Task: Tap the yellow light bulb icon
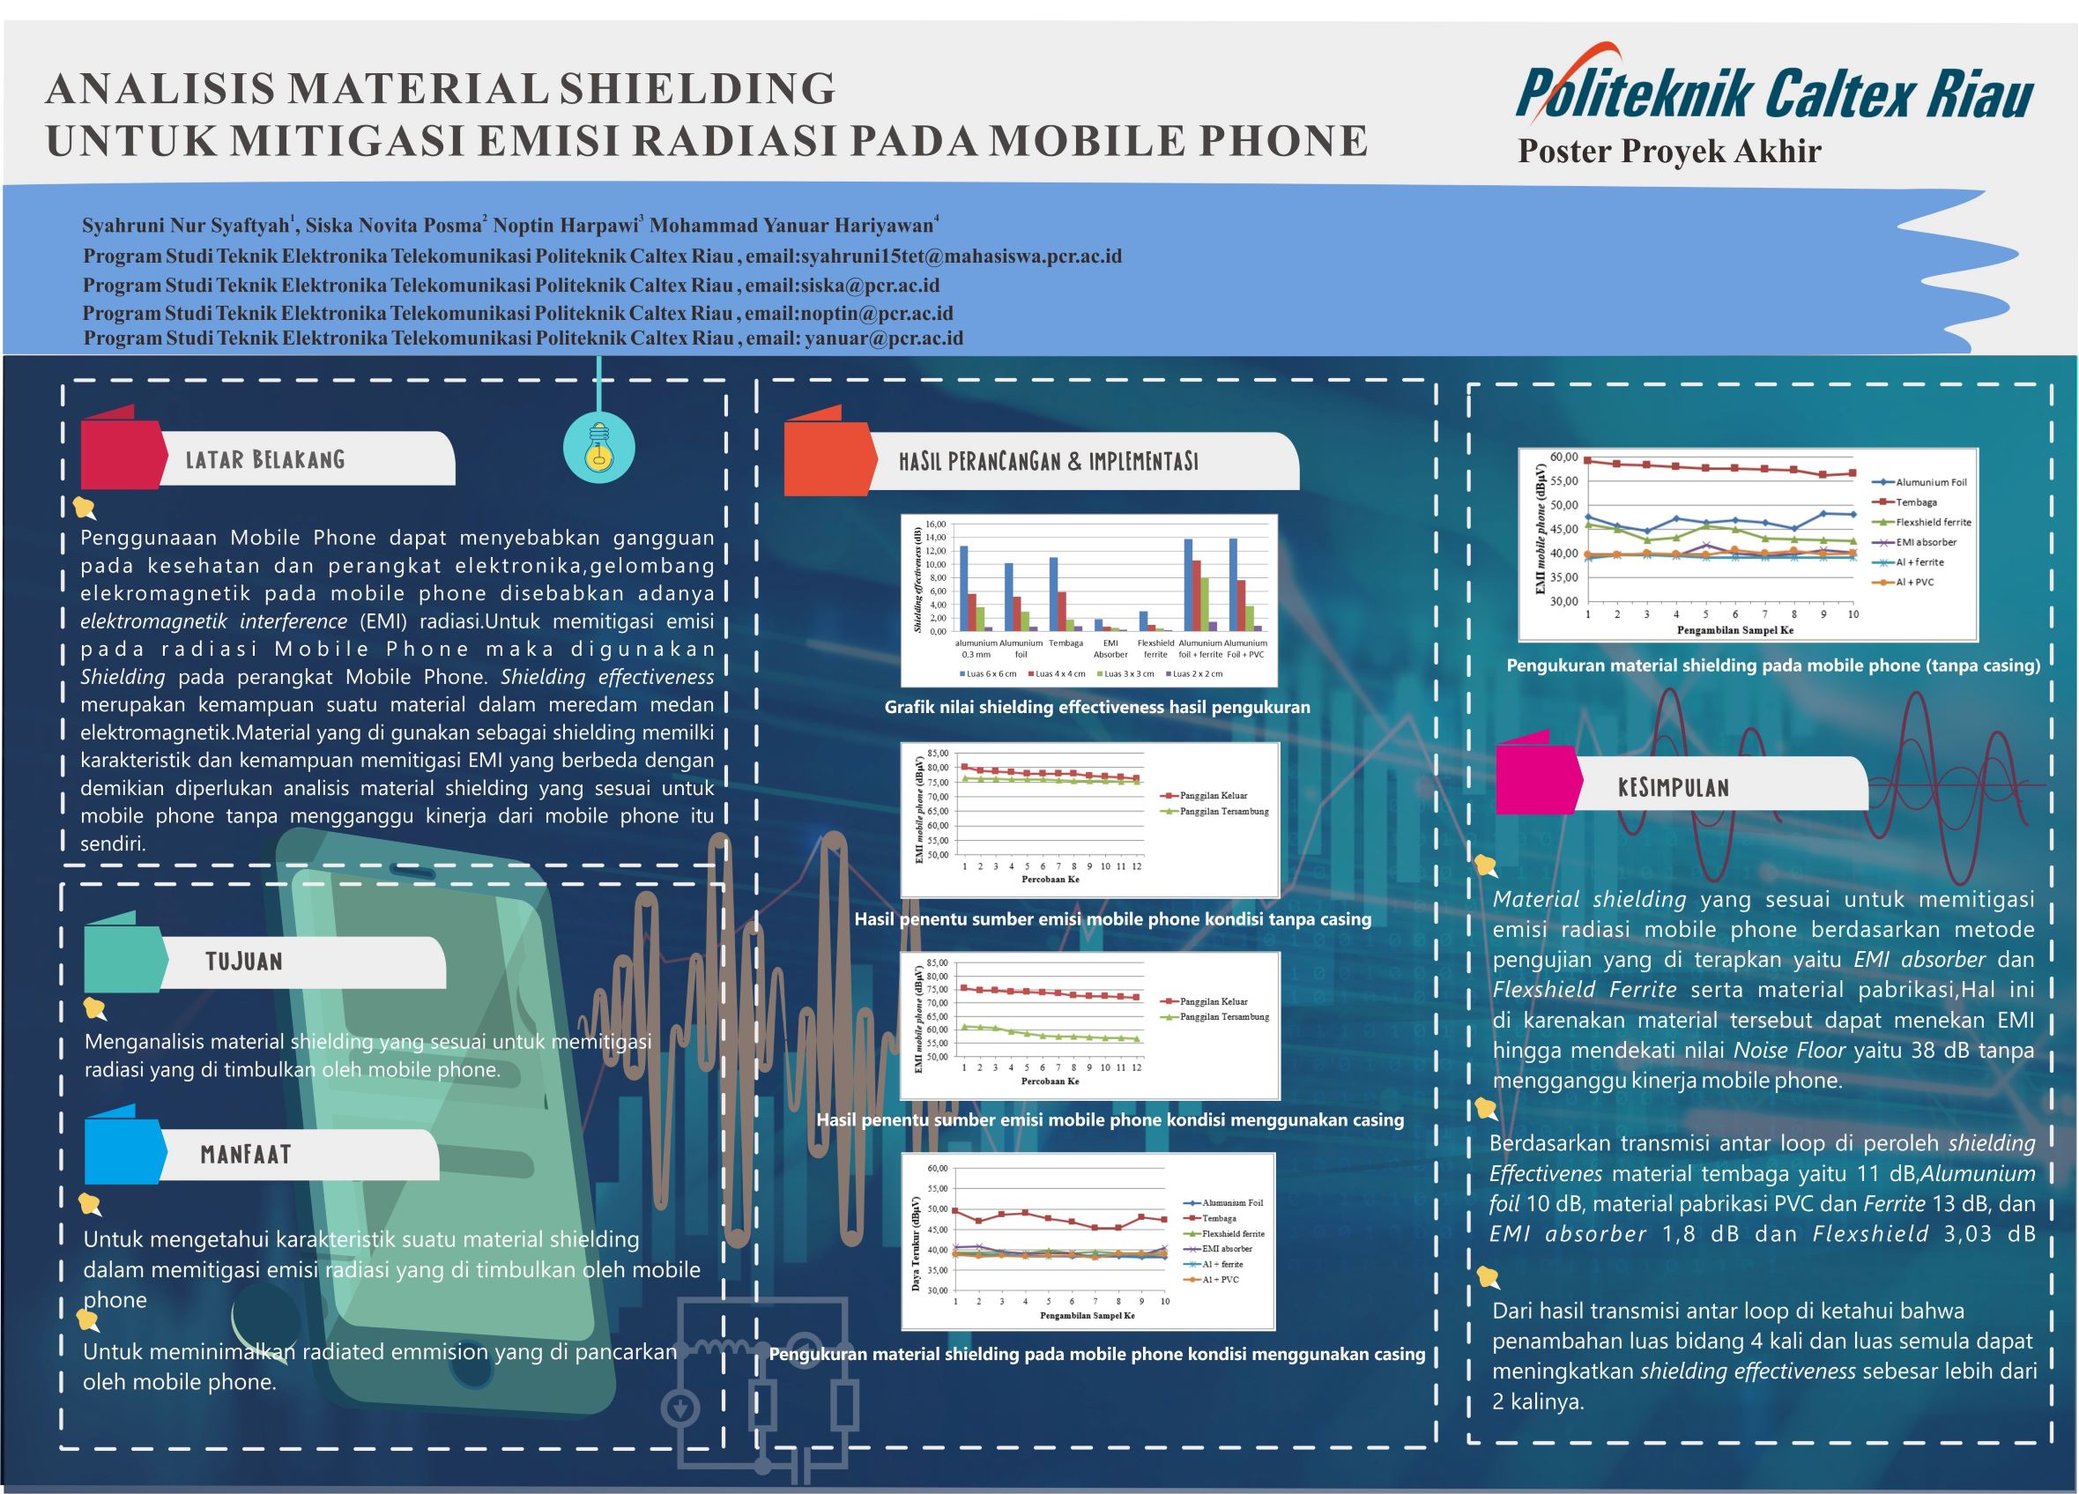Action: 598,447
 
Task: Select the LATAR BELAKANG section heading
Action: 265,459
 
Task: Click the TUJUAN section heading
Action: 244,962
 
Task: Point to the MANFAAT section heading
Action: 246,1154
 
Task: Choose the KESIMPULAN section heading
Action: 1673,787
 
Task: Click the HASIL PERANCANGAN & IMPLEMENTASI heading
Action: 1048,461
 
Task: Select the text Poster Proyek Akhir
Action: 1669,152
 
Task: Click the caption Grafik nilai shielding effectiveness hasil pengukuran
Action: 1096,708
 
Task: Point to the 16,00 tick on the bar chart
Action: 934,524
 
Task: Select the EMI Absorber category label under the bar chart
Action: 1110,649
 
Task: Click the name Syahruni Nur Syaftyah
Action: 186,226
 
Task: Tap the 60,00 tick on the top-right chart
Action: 1563,457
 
